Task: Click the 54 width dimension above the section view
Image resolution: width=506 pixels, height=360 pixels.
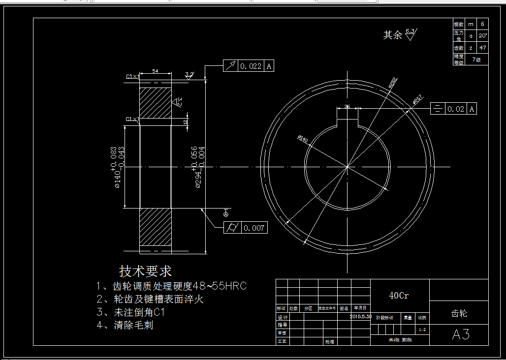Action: click(155, 71)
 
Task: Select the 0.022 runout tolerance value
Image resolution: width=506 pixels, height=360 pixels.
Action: click(251, 66)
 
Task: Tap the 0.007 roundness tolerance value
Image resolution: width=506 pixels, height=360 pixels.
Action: click(254, 228)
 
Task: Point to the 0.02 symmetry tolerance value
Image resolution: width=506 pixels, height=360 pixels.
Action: click(456, 109)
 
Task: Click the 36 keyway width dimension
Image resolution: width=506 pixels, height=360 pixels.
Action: click(347, 106)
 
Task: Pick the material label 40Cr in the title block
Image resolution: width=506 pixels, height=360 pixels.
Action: click(399, 296)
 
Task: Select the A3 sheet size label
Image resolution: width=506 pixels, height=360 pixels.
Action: click(460, 334)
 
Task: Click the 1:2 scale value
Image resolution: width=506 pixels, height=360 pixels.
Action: click(422, 330)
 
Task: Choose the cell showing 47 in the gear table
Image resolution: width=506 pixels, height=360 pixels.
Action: click(482, 48)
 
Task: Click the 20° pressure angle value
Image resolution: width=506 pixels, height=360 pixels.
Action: click(482, 36)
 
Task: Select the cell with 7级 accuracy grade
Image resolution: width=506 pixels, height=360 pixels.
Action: click(476, 60)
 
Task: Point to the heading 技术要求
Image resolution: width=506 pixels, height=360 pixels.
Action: click(145, 271)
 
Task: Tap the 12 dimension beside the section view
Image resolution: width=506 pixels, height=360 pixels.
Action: click(186, 122)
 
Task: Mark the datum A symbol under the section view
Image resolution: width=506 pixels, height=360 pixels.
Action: click(225, 214)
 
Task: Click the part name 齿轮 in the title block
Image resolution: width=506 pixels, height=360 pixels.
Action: click(459, 313)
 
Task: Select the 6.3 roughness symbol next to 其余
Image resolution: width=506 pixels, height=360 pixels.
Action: click(410, 33)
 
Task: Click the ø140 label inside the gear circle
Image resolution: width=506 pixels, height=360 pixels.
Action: click(303, 140)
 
